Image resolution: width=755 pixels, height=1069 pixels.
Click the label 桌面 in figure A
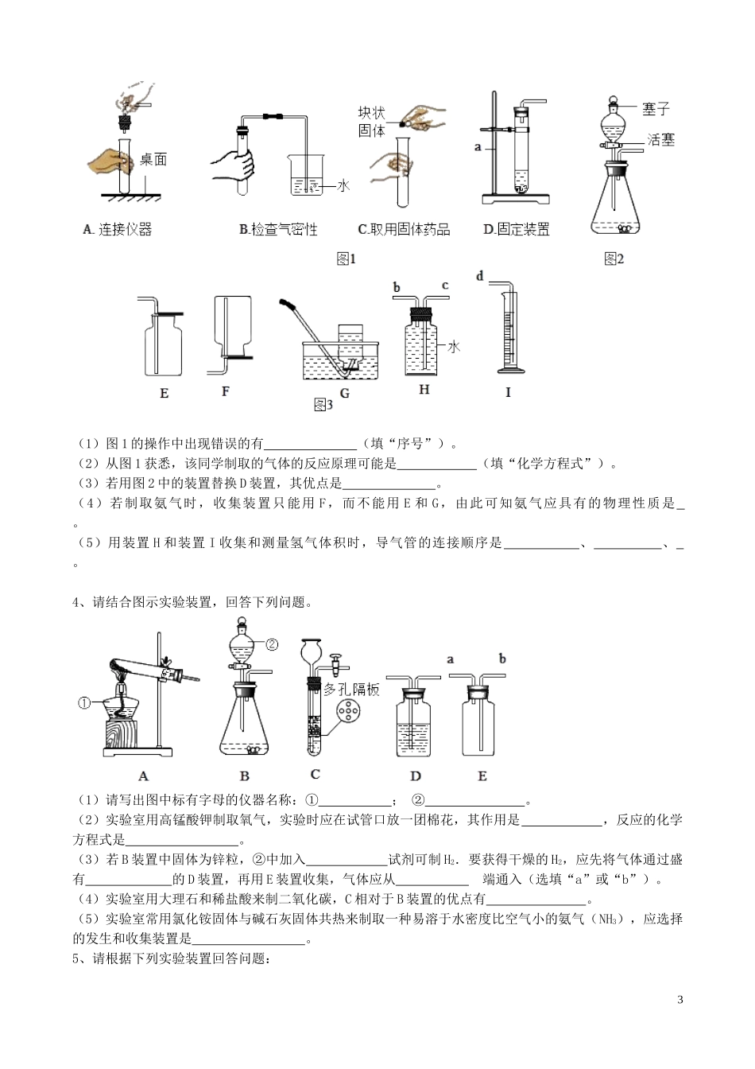point(153,160)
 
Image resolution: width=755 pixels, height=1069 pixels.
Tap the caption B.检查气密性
point(278,230)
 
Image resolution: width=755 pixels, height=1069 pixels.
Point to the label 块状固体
point(371,122)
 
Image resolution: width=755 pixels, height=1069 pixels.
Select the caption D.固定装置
point(516,230)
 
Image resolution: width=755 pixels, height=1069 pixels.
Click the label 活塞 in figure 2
point(660,140)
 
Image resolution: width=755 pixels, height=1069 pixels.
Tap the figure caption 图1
point(346,259)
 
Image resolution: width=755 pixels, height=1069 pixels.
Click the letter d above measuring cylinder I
point(479,276)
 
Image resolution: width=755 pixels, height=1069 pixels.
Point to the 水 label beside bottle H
point(454,347)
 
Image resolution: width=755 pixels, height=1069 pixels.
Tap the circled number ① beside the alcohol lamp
point(86,702)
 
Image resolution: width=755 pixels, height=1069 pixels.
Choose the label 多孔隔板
point(351,690)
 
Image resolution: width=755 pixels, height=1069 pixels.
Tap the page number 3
point(679,1000)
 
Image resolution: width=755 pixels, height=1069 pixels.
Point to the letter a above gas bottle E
point(451,659)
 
